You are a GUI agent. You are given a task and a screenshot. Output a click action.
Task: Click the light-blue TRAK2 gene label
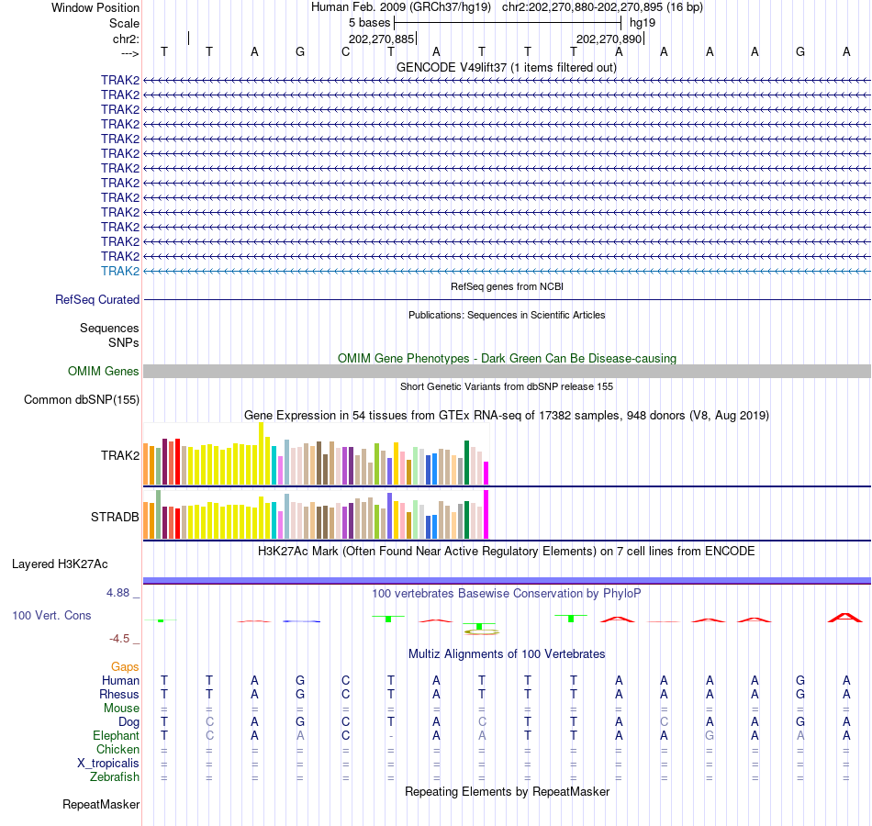[120, 271]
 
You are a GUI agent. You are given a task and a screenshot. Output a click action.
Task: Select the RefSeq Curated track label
[97, 299]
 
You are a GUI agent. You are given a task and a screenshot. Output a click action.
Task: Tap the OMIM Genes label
[104, 372]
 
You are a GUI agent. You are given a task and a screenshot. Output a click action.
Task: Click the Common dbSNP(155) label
[82, 399]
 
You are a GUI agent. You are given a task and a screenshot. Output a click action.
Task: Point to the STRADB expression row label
[115, 517]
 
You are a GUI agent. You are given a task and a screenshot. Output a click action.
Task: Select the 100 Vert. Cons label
[51, 615]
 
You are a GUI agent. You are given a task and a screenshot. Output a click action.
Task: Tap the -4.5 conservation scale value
[121, 639]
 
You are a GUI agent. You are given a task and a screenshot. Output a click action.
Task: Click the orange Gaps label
[125, 666]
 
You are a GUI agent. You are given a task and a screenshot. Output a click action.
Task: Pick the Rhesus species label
[119, 694]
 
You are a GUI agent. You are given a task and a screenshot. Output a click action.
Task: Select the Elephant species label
[116, 735]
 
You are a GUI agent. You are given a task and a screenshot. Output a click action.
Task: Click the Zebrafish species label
[115, 776]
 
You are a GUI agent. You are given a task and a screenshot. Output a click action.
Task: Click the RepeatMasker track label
[101, 805]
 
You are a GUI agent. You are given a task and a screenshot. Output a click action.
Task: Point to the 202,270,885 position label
[381, 39]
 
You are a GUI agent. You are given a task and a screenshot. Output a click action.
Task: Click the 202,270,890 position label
[609, 39]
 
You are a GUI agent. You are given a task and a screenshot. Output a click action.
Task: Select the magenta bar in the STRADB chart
[486, 515]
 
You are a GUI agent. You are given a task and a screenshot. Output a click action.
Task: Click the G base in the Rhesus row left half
[299, 694]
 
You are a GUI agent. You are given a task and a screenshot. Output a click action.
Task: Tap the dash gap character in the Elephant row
[391, 736]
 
